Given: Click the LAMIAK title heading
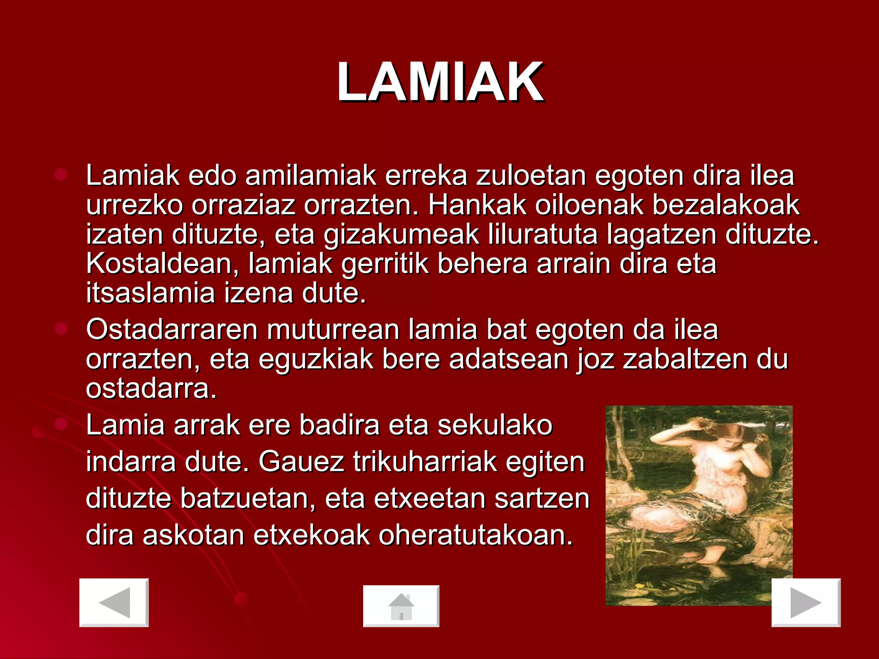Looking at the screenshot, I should point(440,82).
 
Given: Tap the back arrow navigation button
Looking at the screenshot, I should point(114,602).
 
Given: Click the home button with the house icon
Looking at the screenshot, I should point(401,606).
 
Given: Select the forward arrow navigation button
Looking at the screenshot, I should point(806,602).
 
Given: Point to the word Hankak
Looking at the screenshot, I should point(476,205).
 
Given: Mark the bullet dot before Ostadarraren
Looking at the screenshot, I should point(61,329).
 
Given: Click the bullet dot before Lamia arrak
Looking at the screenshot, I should point(61,424).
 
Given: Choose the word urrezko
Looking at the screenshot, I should point(134,205).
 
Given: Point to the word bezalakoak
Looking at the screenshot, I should point(726,205).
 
